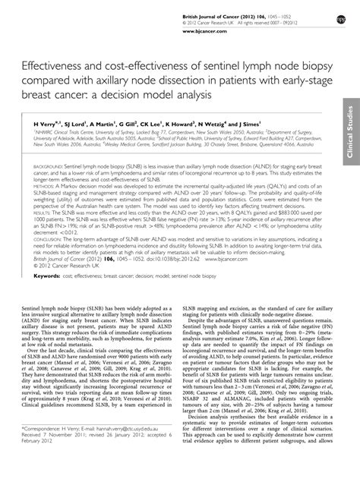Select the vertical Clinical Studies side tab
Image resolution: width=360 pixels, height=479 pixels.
[x=351, y=132]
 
